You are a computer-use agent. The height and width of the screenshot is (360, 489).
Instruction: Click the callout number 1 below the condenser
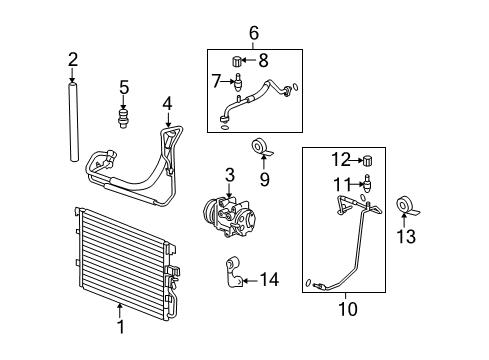tap(120, 326)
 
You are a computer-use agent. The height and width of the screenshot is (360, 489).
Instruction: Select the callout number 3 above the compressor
tap(229, 175)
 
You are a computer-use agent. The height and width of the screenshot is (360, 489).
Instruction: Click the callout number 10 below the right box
tap(347, 310)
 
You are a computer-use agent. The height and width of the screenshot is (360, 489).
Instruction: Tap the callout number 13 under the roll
tap(405, 236)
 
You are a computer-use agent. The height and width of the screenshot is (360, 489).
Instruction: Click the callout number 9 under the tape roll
tap(264, 180)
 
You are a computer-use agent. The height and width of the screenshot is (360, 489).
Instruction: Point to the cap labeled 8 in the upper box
tap(238, 61)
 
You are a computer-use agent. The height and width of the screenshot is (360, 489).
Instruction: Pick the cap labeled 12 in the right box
tap(366, 160)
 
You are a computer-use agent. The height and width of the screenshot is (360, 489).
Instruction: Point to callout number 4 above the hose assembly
tap(167, 103)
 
